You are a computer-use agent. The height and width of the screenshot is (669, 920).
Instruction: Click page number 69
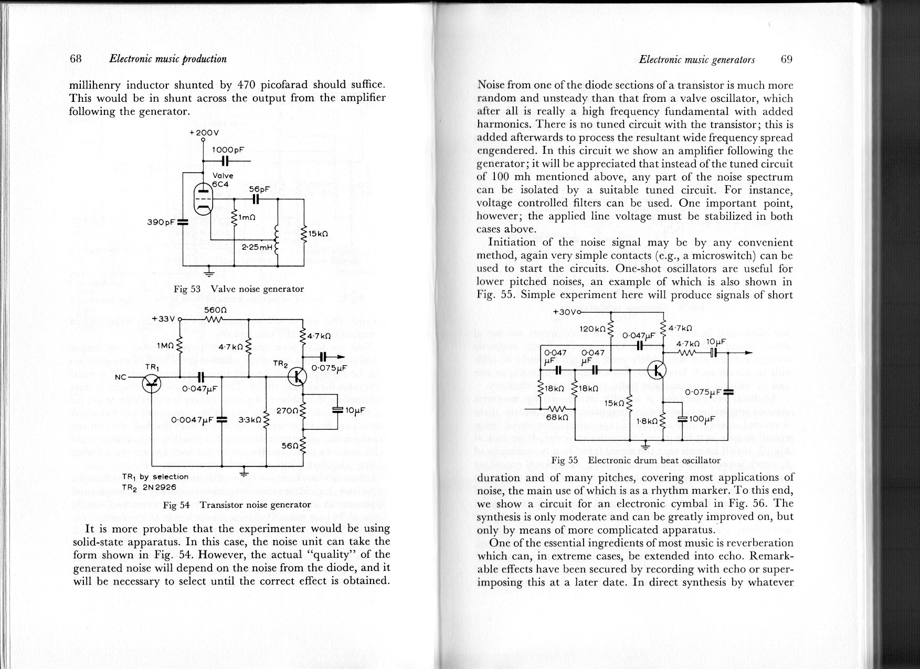(786, 59)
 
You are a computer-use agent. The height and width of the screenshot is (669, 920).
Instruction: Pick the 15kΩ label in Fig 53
(319, 233)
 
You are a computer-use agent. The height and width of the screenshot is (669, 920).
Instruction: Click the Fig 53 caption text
(239, 289)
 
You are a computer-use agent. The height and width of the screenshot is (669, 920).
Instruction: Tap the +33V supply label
(163, 318)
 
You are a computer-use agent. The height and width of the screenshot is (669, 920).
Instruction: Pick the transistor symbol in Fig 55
(656, 370)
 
